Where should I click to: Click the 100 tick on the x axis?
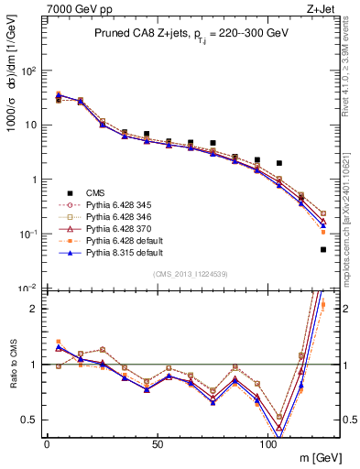(x=268, y=442)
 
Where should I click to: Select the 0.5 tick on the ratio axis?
(x=28, y=420)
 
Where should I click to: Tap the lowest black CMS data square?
(x=323, y=249)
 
